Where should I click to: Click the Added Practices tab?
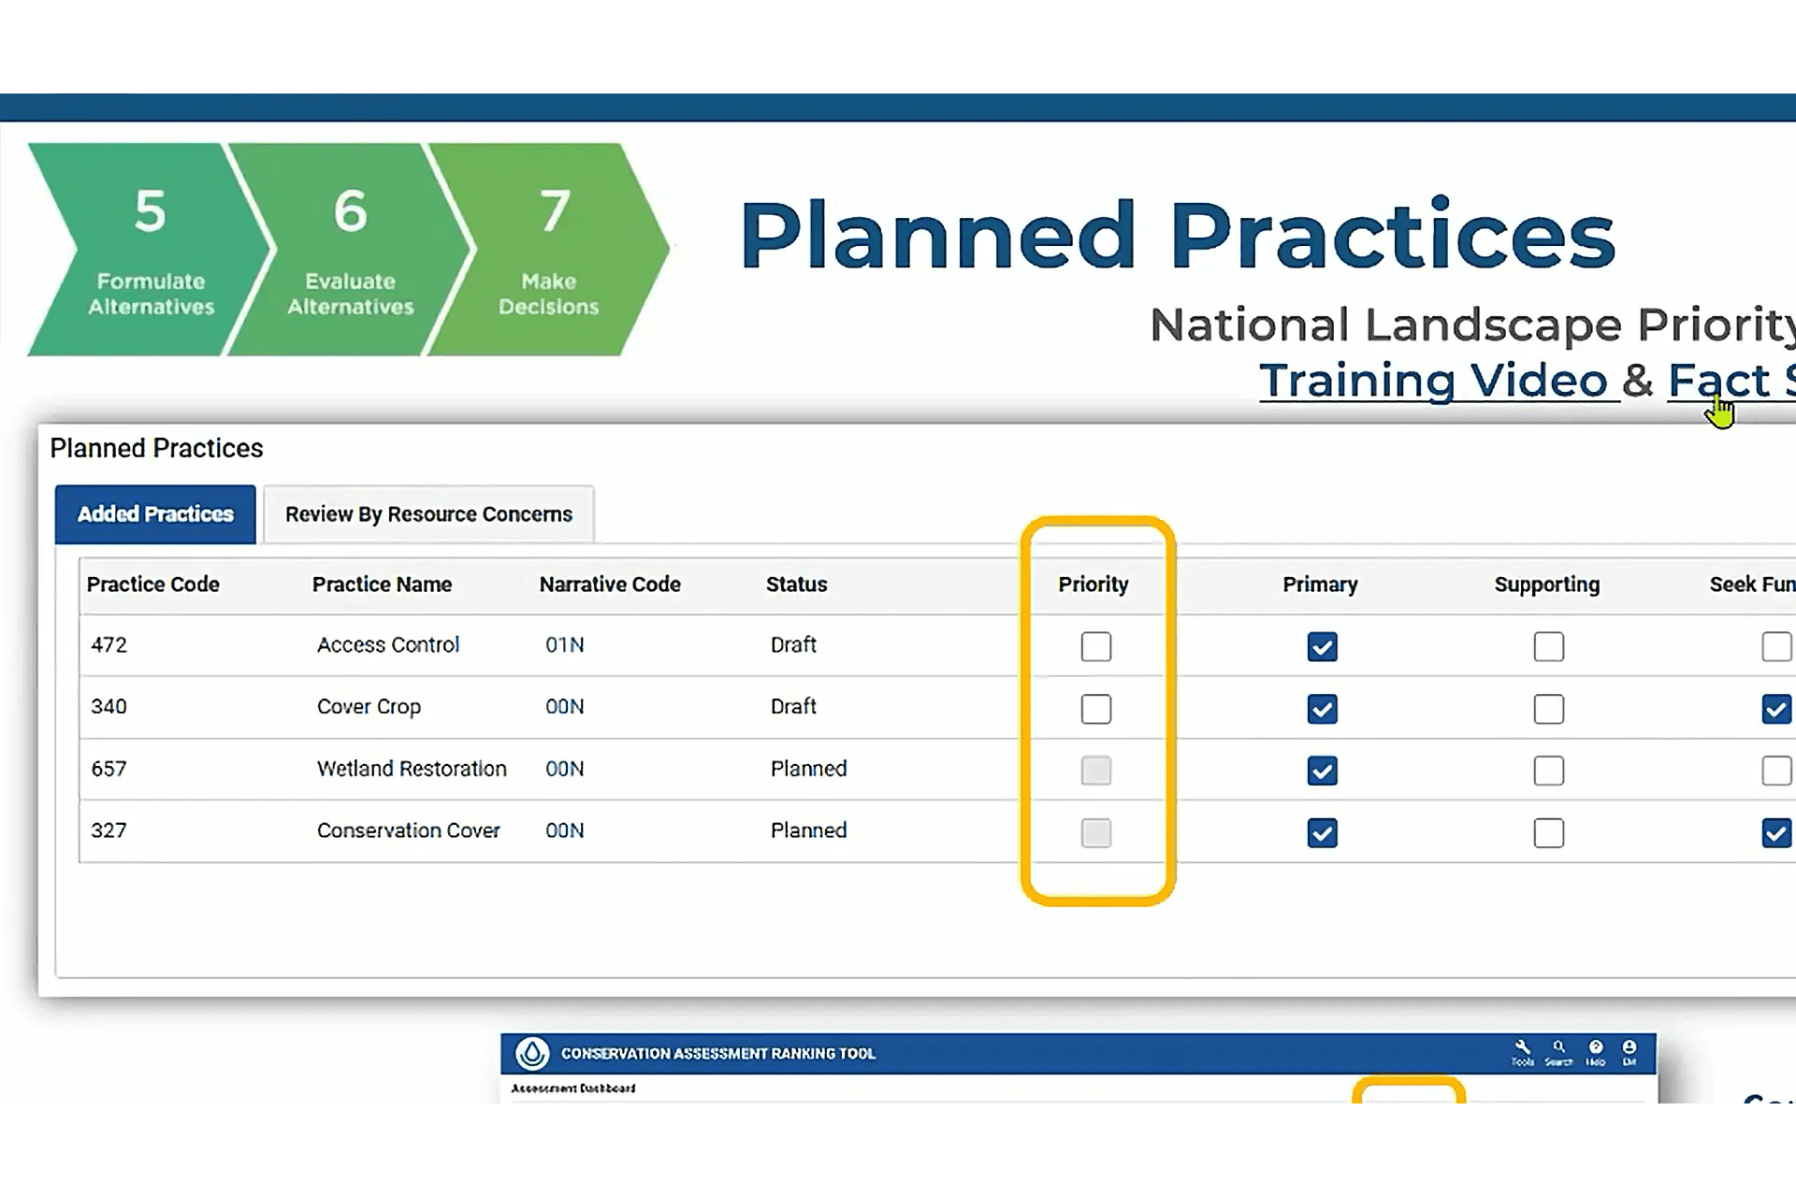[155, 514]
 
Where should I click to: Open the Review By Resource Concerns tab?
[428, 514]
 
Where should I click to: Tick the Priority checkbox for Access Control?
[1095, 646]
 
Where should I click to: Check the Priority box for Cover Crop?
[1095, 709]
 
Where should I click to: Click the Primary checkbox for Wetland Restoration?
[1322, 771]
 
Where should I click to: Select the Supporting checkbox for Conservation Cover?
[1548, 833]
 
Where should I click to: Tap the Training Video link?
[1433, 381]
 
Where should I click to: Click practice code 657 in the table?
[109, 769]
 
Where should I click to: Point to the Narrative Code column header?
[610, 584]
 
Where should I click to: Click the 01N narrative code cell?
[564, 645]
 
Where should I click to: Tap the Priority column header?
[1093, 584]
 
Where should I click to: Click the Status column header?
[796, 584]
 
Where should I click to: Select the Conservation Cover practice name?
[408, 830]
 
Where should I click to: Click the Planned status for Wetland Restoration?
[808, 769]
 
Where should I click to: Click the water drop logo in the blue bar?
[532, 1053]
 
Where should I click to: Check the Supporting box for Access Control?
[1548, 646]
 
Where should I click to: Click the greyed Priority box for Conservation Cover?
[1095, 833]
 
